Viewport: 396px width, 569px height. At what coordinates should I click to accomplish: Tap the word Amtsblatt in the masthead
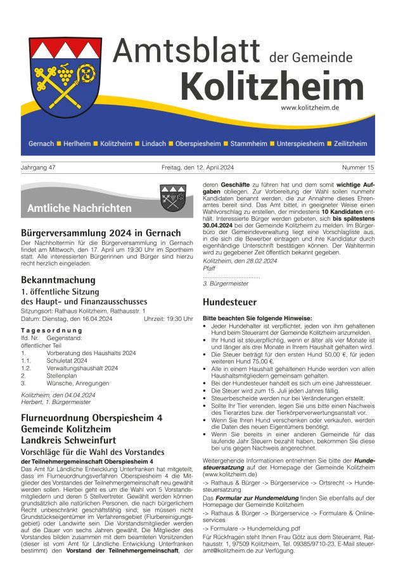(x=188, y=49)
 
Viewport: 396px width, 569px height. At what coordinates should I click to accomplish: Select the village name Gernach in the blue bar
(x=41, y=144)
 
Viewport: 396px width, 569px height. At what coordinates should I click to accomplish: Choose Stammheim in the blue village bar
(x=249, y=144)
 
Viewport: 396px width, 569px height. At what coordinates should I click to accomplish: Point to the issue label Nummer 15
(x=358, y=168)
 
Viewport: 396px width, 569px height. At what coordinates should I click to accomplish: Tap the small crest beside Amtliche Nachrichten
(x=172, y=197)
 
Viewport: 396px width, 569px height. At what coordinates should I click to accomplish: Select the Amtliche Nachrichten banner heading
(x=79, y=208)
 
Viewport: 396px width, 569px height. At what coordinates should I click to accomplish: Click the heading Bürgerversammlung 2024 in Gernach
(x=101, y=233)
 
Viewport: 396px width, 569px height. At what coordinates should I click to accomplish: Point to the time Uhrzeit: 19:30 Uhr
(x=168, y=319)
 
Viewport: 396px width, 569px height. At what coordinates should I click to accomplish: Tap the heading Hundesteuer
(x=229, y=303)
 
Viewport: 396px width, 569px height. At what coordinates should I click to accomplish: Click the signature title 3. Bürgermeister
(x=226, y=284)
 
